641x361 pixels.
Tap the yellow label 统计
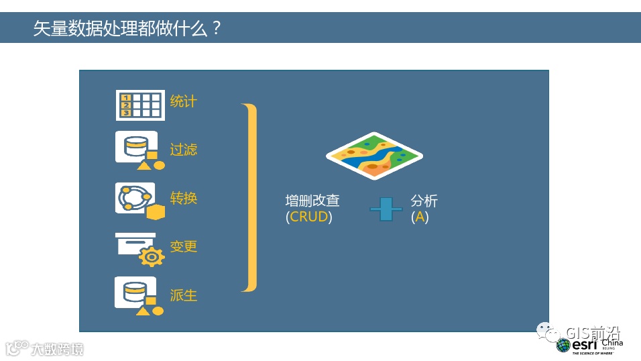(183, 101)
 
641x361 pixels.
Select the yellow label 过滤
(183, 150)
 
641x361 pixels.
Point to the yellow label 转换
(183, 198)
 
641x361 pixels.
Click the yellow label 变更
(183, 246)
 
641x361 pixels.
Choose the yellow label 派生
(183, 295)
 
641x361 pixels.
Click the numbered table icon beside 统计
(139, 105)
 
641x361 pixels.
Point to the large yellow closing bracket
(250, 197)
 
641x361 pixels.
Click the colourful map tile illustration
(373, 155)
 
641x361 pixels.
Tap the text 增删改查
(312, 201)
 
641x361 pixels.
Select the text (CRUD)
(308, 217)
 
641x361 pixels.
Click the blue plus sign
(386, 209)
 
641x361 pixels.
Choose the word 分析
(424, 201)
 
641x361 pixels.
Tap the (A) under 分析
(419, 217)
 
